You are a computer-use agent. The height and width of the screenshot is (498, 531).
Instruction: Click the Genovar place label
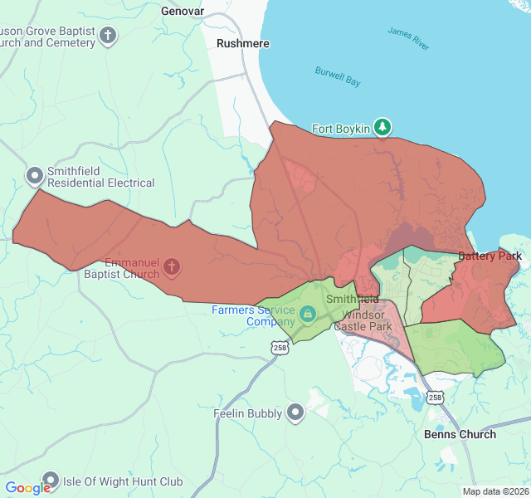[181, 12]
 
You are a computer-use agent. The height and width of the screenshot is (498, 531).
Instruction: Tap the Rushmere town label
[239, 43]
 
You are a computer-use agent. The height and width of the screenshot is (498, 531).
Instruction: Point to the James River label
[408, 38]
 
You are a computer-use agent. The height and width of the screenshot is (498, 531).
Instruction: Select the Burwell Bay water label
[338, 77]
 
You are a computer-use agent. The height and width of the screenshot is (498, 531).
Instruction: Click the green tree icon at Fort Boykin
[382, 127]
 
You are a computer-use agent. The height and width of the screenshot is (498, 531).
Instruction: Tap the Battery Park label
[490, 256]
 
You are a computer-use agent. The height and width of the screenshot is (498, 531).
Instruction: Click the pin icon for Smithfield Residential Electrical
[35, 176]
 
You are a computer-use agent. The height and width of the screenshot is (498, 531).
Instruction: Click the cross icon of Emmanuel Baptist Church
[172, 267]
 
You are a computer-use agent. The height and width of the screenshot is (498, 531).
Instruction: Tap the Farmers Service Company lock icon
[307, 314]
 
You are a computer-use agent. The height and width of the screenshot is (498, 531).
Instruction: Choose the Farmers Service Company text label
[253, 315]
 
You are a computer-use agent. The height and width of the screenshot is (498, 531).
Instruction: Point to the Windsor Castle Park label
[363, 320]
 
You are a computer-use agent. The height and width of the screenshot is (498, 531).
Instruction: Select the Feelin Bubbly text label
[247, 413]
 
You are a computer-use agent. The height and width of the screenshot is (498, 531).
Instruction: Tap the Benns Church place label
[460, 434]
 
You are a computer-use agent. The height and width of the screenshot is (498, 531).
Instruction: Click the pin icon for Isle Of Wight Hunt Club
[51, 481]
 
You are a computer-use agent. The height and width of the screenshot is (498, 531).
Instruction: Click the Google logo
[27, 488]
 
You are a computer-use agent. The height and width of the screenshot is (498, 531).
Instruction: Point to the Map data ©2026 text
[494, 491]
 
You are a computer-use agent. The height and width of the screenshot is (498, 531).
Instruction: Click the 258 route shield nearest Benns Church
[436, 398]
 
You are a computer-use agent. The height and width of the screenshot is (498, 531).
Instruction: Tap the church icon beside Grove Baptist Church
[108, 36]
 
